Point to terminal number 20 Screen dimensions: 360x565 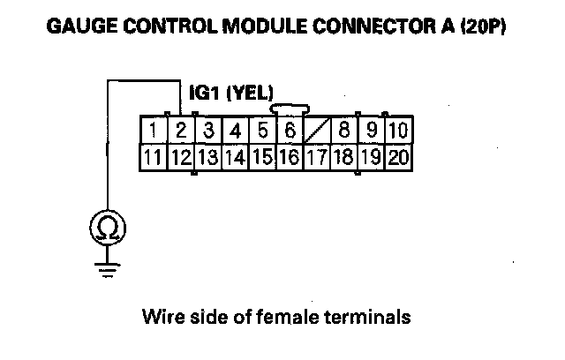coord(397,158)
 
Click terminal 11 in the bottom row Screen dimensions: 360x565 coord(154,158)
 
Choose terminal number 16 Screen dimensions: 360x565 coord(289,158)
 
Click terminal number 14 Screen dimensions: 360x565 coord(235,158)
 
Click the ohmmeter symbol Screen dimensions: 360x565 coord(108,229)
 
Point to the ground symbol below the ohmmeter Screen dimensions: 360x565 coord(108,269)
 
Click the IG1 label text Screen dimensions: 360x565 coord(206,92)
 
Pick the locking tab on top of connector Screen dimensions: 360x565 coord(289,109)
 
